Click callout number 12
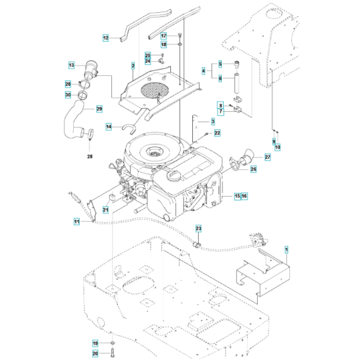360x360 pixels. tap(106, 39)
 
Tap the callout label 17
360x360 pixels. tap(163, 36)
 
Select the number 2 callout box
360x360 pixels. tap(132, 66)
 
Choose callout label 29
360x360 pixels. tap(99, 109)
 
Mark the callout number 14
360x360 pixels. tap(109, 127)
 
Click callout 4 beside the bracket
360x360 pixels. tap(204, 71)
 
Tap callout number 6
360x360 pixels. tap(220, 78)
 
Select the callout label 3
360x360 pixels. tap(213, 121)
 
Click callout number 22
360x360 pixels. tap(217, 133)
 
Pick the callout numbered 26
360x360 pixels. tap(253, 169)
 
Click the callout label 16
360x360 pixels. tap(245, 195)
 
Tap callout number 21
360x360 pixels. tap(105, 210)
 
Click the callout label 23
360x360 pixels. tap(199, 229)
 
